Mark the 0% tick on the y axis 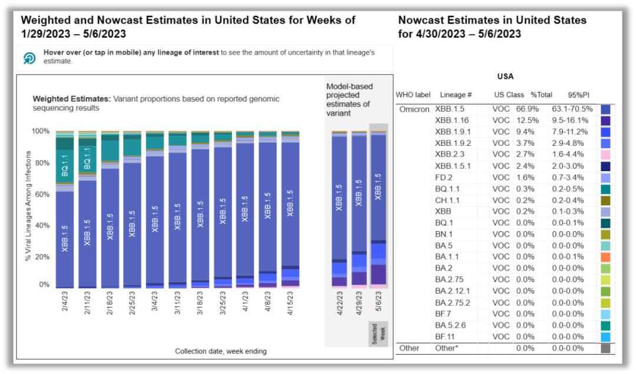[x=44, y=285]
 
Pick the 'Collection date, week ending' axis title [x=220, y=351]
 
